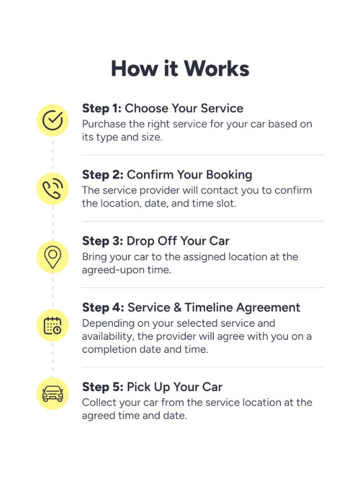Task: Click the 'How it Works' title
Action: tap(180, 69)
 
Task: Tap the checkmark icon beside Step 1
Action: tap(52, 120)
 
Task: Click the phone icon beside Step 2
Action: tap(52, 189)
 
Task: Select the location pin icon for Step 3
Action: tap(52, 257)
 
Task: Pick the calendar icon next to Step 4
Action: tap(52, 325)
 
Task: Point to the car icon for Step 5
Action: tap(52, 393)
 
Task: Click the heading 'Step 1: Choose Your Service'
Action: tap(163, 109)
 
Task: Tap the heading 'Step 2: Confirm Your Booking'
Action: tap(167, 175)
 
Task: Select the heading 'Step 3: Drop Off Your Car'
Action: tap(155, 241)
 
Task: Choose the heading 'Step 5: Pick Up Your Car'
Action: tap(152, 387)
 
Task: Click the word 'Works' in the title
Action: tap(217, 69)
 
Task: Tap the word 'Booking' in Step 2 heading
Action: tap(229, 175)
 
